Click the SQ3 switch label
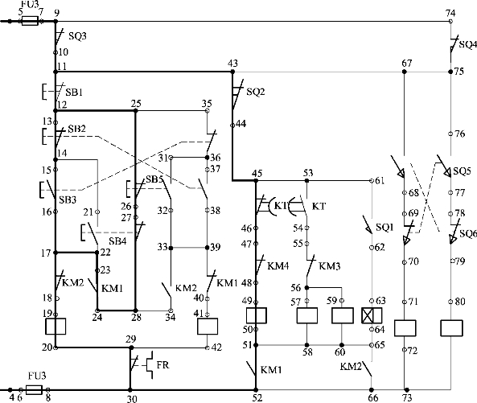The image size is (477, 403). (77, 36)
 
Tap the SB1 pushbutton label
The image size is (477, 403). (74, 93)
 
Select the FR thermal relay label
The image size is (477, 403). (162, 365)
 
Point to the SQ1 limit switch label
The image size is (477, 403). (384, 227)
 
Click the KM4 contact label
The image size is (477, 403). (278, 266)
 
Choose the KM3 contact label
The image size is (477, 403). (330, 266)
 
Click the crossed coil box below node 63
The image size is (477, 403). (372, 315)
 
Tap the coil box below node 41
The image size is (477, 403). (208, 327)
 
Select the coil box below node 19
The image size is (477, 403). (56, 327)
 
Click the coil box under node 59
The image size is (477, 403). (342, 315)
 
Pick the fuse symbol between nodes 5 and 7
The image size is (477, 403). (30, 21)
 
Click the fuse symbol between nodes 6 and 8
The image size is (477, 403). (34, 389)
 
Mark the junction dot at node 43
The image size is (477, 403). (232, 72)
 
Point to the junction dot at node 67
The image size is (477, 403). (405, 72)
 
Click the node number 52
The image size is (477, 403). (257, 398)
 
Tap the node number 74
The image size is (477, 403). (450, 14)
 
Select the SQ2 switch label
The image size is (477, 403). (256, 92)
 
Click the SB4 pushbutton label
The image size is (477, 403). (117, 241)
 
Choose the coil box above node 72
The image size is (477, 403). (405, 328)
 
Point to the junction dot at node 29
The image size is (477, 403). (131, 347)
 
